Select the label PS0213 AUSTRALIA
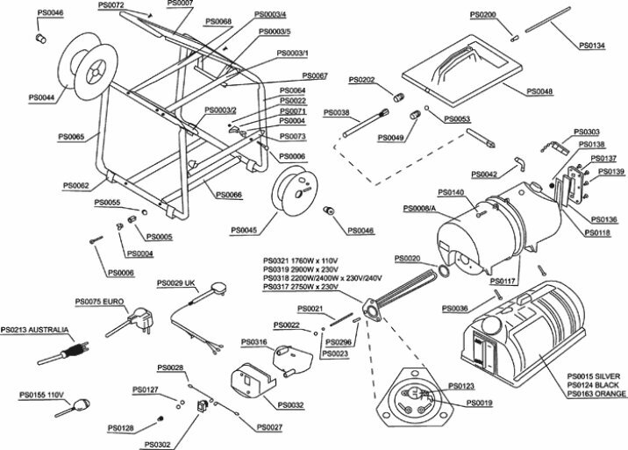pyautogui.click(x=34, y=331)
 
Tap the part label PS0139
pyautogui.click(x=611, y=172)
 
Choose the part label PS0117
pyautogui.click(x=503, y=281)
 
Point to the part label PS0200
pyautogui.click(x=482, y=15)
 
